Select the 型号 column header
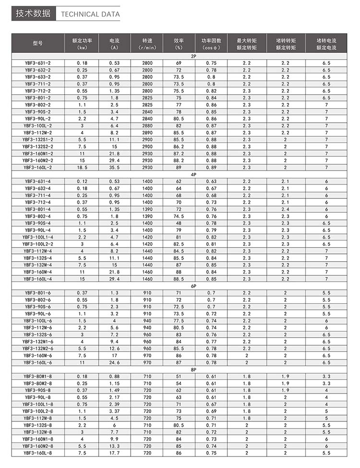tap(38, 43)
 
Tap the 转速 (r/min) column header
tap(147, 43)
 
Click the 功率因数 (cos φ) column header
tap(211, 43)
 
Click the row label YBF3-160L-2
tap(38, 167)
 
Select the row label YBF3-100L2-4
tap(38, 244)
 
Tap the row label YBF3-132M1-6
tap(38, 342)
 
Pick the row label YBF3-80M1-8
tap(38, 376)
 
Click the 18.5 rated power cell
tap(82, 167)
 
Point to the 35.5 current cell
tap(114, 167)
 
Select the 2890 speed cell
tap(147, 133)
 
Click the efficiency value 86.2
tap(179, 147)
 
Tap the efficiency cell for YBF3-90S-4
tap(179, 223)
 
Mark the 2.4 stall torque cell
tap(286, 209)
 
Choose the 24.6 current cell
tap(114, 362)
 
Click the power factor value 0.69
tap(211, 411)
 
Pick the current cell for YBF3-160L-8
tap(114, 453)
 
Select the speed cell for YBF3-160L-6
tap(147, 362)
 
